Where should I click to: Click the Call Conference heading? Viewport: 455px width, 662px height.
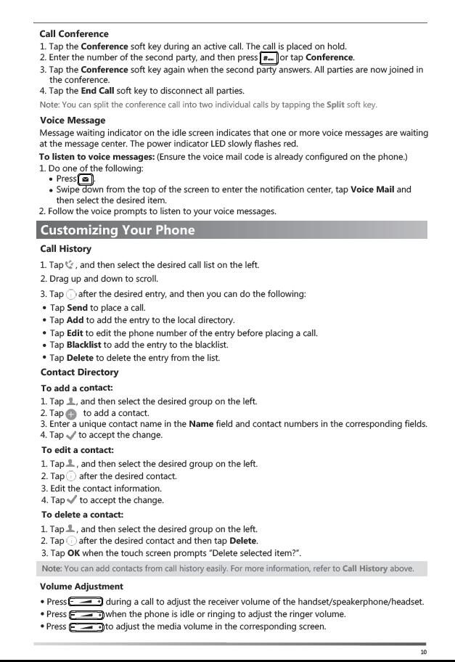point(74,33)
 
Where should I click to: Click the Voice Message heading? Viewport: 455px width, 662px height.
point(73,120)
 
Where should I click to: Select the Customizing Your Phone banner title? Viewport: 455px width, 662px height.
point(118,231)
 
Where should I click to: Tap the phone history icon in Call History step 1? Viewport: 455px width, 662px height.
point(70,264)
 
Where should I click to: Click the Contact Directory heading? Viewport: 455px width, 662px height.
point(80,372)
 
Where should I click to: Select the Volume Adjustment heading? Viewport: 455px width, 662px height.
point(81,586)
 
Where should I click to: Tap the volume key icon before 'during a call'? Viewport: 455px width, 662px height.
point(86,602)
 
